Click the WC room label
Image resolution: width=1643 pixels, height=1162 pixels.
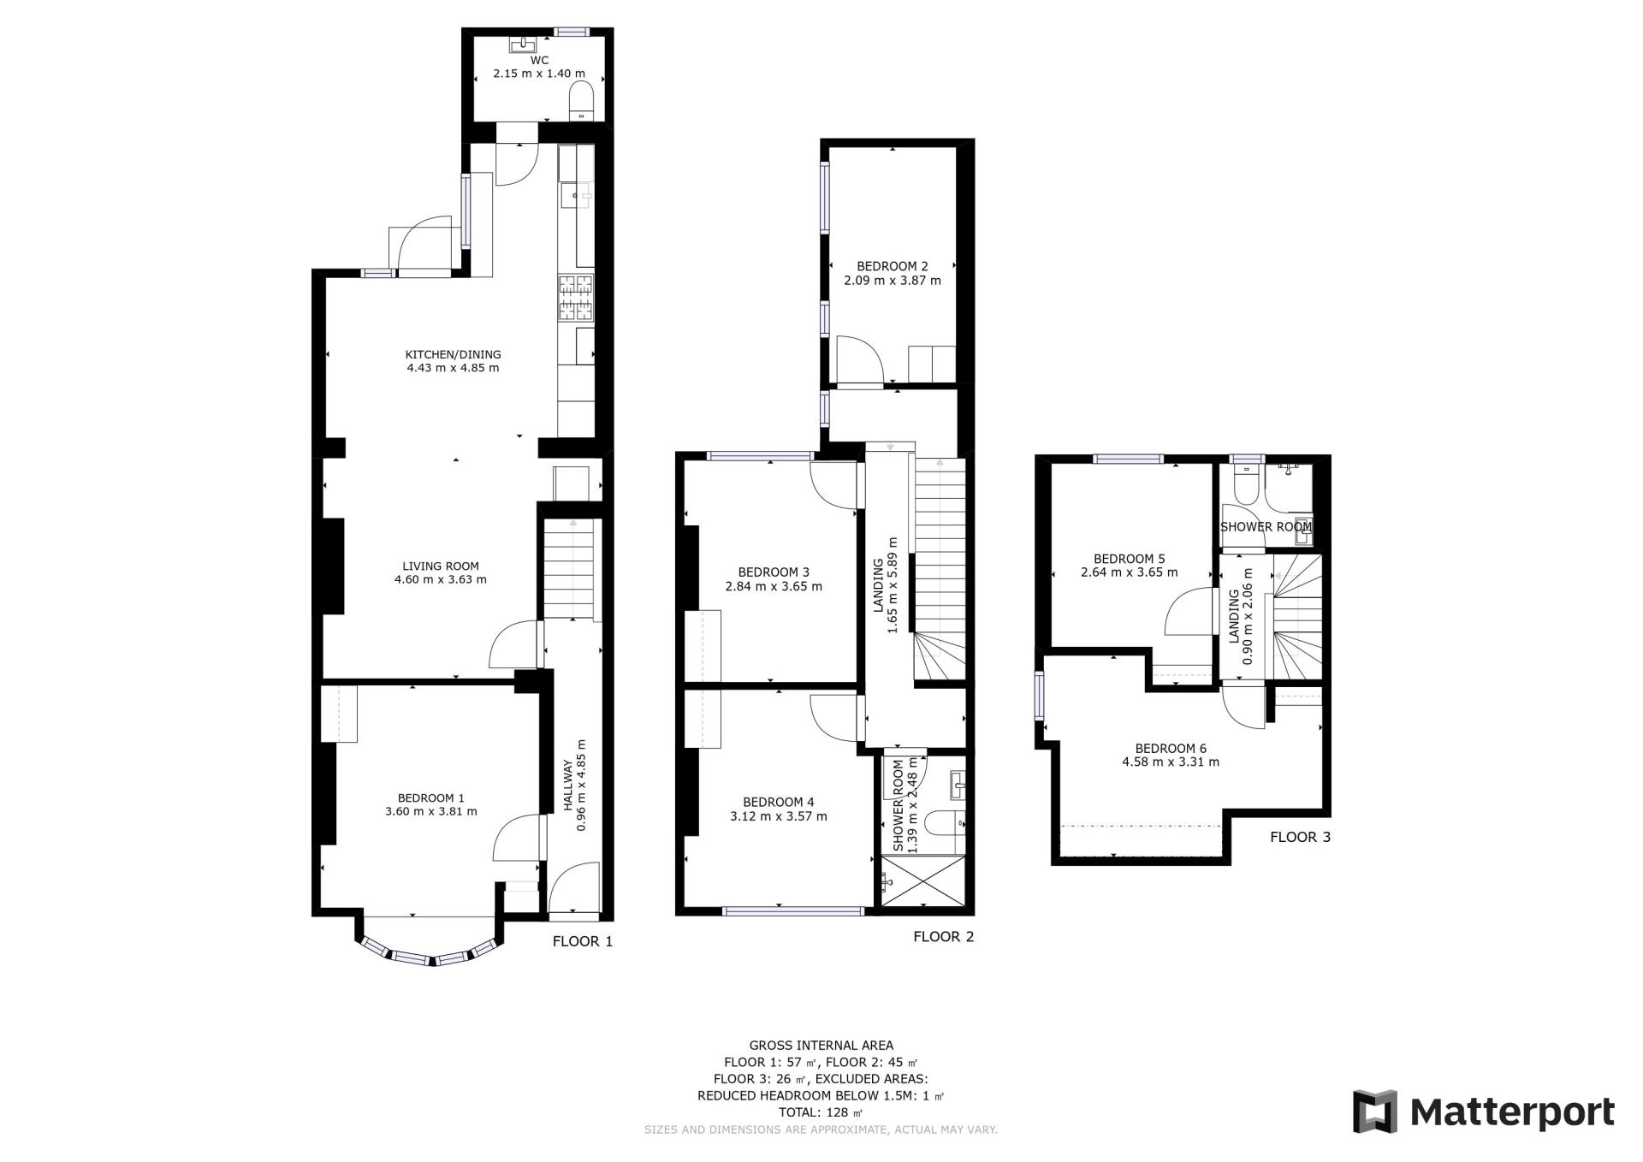tap(539, 60)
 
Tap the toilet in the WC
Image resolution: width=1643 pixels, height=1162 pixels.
tap(581, 101)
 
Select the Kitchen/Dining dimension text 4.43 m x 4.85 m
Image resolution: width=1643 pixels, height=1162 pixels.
tap(453, 369)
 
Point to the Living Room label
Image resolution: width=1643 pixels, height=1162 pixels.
tap(441, 566)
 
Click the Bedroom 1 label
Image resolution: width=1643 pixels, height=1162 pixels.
tap(431, 797)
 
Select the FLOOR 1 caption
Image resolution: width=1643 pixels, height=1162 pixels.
tap(583, 942)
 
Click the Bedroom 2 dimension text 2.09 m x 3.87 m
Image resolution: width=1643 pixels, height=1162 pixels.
tap(893, 281)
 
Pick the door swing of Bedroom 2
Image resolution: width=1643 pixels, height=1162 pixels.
tap(860, 359)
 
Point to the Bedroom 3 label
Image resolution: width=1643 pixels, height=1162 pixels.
tap(774, 572)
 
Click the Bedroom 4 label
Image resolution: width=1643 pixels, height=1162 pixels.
tap(779, 803)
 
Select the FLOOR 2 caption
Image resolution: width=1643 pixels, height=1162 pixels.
tap(944, 937)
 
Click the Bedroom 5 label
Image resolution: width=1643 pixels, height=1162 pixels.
tap(1130, 559)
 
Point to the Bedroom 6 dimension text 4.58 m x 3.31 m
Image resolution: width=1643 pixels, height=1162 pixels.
tap(1171, 762)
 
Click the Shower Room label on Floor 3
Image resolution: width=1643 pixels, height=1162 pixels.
tap(1266, 527)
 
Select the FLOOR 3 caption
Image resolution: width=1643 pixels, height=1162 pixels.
tap(1301, 838)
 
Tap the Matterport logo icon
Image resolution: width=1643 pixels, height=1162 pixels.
tap(1375, 1112)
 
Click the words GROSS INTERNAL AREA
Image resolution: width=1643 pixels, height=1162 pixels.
tap(821, 1046)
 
